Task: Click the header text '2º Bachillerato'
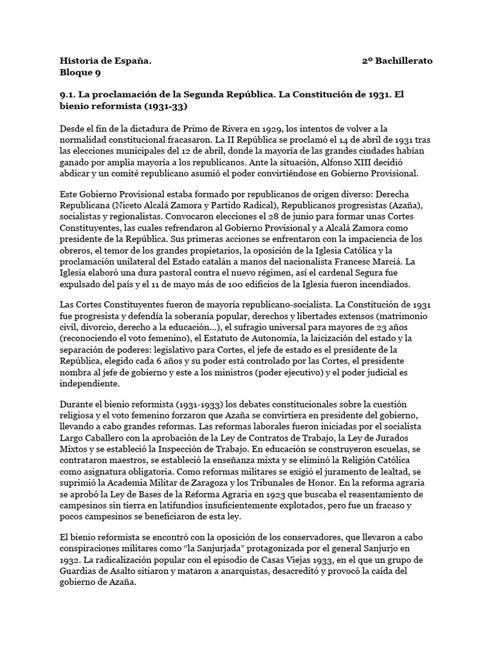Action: [397, 60]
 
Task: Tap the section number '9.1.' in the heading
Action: [69, 94]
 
